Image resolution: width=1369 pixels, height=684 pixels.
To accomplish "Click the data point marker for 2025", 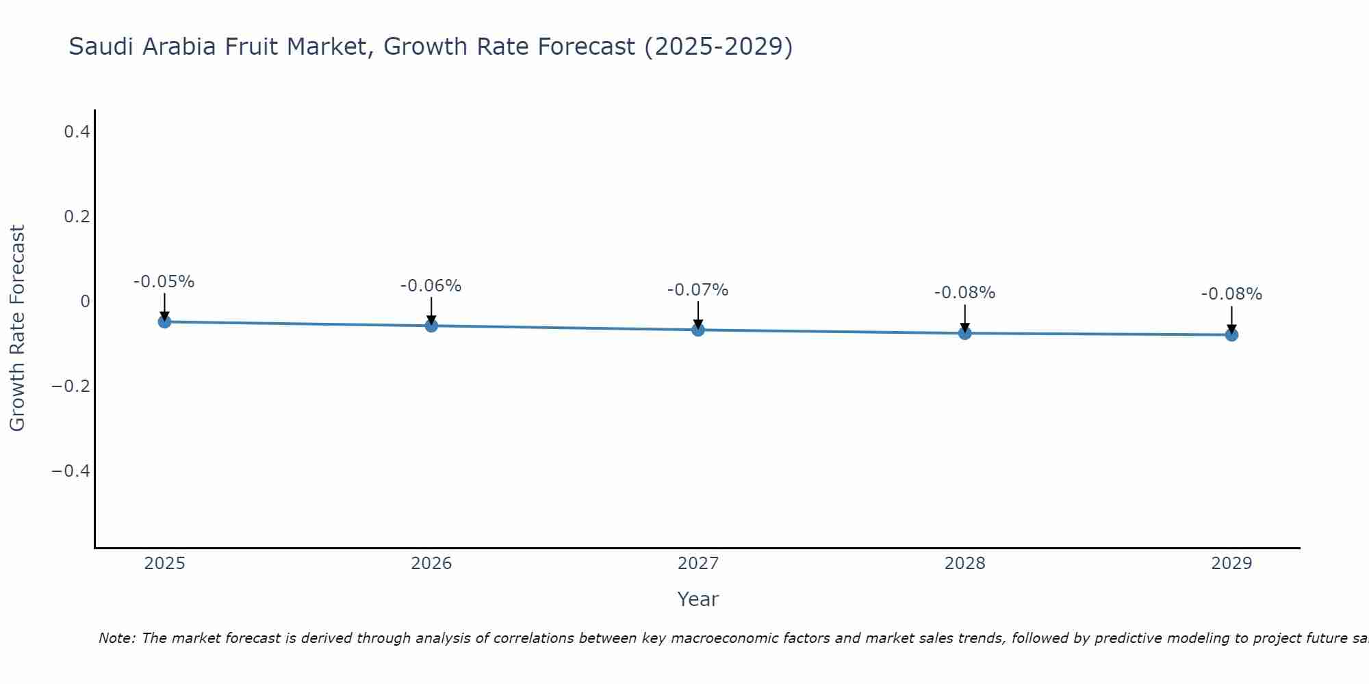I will (164, 321).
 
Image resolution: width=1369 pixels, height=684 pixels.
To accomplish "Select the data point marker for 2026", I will (431, 326).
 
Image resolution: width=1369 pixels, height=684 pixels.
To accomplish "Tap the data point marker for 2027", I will (698, 330).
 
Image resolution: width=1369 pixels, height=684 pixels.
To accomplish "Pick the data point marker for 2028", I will (965, 333).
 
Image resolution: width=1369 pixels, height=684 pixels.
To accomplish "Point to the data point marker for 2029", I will (1231, 334).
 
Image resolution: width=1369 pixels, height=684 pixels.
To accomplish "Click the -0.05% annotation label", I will (164, 282).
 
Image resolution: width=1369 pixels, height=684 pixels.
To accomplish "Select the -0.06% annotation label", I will (431, 286).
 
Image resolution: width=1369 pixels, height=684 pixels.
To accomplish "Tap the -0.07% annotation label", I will (698, 290).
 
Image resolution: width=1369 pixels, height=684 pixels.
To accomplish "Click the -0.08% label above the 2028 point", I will (965, 293).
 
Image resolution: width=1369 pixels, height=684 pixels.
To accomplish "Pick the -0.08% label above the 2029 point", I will (1231, 294).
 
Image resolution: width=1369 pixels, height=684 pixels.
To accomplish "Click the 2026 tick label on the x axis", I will (431, 564).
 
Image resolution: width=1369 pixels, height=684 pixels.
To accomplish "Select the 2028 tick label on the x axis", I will (965, 564).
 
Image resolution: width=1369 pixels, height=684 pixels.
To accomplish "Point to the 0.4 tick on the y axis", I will (77, 131).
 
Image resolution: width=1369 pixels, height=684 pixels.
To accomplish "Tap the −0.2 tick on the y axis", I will (71, 386).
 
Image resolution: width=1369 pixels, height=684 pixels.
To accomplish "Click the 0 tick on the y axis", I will (85, 302).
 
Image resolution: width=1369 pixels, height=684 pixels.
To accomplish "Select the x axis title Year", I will (698, 599).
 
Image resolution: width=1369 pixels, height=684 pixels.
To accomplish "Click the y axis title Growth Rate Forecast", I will (17, 328).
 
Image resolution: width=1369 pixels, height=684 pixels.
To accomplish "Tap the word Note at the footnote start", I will (116, 638).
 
